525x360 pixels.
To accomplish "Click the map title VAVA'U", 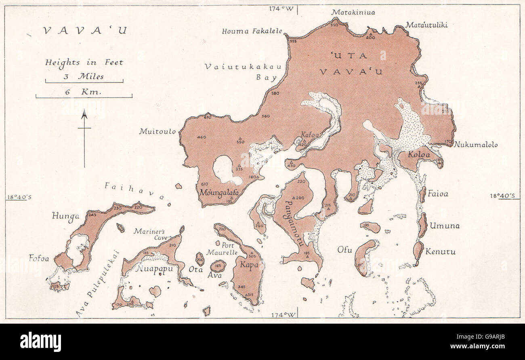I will [x=85, y=31].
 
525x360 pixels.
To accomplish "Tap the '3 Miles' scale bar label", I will [x=84, y=76].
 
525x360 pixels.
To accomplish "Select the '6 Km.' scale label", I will [x=84, y=92].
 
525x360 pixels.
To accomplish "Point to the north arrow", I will [x=84, y=137].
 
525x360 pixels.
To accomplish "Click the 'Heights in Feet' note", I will [x=84, y=62].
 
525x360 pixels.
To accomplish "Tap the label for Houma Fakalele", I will [x=252, y=31].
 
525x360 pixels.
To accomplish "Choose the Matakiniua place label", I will [x=353, y=13].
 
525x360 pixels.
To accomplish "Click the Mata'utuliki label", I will [x=426, y=25].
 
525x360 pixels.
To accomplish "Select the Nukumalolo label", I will [x=475, y=145].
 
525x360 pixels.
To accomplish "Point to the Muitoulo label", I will [x=157, y=131].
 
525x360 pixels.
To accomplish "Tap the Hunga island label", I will [x=65, y=216].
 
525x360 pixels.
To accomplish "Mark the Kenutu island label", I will [x=440, y=252].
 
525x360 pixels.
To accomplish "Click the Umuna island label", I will [x=444, y=226].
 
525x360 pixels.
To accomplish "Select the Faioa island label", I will [x=438, y=194].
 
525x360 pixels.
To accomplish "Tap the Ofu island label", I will [x=345, y=250].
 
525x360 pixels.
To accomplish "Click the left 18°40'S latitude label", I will [x=19, y=197].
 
